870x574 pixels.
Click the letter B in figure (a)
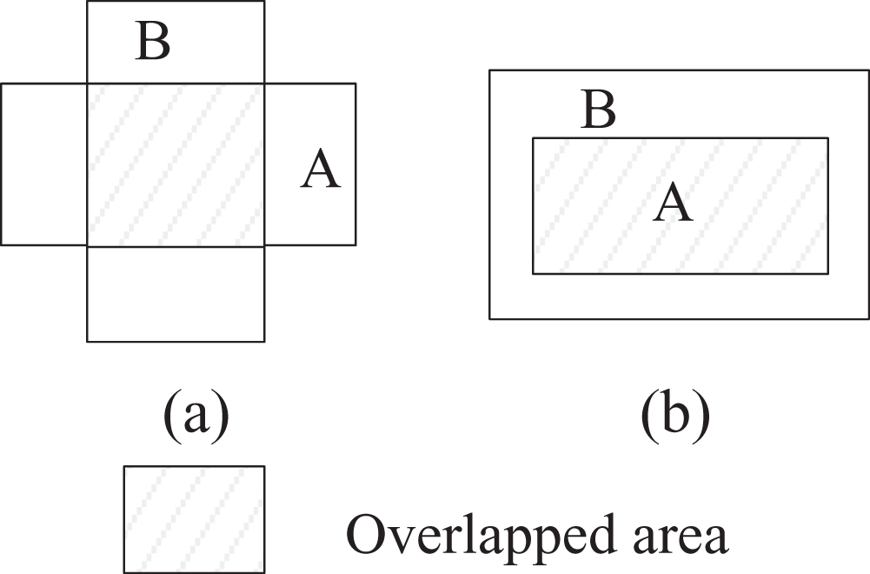point(153,43)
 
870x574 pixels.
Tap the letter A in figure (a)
point(321,169)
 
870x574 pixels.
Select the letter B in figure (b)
point(598,110)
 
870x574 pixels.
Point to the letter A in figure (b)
point(673,203)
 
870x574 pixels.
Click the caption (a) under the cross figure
point(196,414)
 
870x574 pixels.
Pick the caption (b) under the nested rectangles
point(675,414)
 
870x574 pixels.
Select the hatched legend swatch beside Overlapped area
point(194,519)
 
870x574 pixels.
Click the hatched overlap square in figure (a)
point(176,164)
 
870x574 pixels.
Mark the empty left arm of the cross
point(43,164)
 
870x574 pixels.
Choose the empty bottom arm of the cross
point(176,294)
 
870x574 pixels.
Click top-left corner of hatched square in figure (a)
point(87,83)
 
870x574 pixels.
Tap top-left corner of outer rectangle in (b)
point(489,70)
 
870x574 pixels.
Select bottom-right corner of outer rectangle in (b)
point(869,318)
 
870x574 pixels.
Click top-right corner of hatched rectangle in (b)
point(828,137)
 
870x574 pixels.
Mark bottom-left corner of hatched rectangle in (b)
point(533,274)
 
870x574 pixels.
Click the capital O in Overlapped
point(367,534)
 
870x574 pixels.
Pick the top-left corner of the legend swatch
point(123,466)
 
